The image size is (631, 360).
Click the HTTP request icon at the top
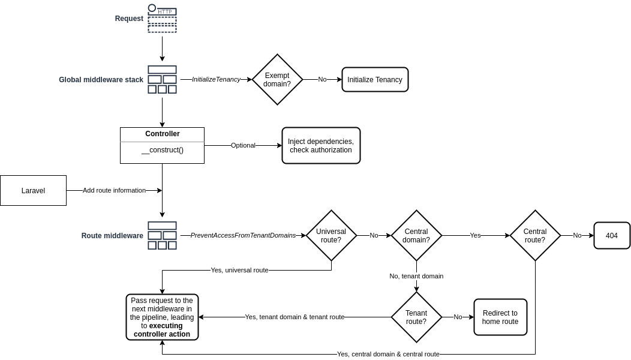pos(162,19)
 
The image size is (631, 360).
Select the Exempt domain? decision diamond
pos(277,79)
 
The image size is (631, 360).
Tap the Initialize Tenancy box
pos(375,79)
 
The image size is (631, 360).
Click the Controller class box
pos(162,145)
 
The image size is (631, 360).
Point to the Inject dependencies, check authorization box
pos(321,145)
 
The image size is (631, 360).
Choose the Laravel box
pos(33,191)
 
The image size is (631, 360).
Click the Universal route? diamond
pos(331,235)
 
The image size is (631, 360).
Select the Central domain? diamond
pos(416,235)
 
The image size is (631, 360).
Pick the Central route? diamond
pos(535,235)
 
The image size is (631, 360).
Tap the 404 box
pos(612,235)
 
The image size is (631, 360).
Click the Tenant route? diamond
pos(416,317)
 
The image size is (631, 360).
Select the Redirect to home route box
pos(500,317)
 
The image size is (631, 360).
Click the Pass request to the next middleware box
pos(162,317)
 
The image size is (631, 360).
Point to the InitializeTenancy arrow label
pos(216,79)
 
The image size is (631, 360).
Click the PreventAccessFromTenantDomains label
pos(243,235)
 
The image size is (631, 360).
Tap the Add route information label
pos(114,190)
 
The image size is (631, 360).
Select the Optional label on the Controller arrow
pos(243,145)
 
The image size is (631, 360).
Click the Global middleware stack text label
pos(101,79)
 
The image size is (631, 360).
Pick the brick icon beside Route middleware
pos(162,235)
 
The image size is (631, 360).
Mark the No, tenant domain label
pos(416,276)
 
